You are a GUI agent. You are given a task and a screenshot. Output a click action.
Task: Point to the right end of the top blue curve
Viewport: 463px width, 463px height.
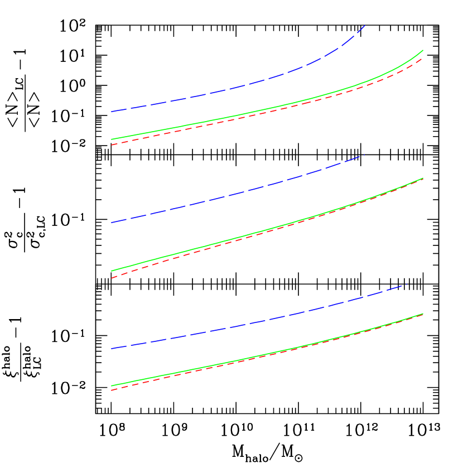(365, 25)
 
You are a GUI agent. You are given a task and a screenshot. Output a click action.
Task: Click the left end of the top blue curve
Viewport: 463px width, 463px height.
(112, 112)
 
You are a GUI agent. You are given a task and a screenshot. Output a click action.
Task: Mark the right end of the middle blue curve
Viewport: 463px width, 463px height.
(364, 155)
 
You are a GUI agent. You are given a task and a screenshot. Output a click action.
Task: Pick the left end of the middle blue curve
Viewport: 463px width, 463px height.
(112, 223)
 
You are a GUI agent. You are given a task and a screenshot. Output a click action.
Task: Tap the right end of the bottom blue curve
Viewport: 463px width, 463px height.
(407, 284)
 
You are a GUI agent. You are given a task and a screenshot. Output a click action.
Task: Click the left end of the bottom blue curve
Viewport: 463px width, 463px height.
(112, 349)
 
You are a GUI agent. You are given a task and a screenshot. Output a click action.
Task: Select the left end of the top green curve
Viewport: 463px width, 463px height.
(112, 139)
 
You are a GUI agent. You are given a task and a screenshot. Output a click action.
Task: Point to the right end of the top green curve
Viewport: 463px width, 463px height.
(423, 50)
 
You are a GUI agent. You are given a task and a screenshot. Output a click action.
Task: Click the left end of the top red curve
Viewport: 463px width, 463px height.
(112, 145)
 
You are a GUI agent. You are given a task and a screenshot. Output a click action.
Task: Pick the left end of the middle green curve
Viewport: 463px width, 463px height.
(112, 271)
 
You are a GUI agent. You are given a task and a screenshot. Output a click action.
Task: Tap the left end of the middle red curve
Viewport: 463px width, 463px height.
(112, 278)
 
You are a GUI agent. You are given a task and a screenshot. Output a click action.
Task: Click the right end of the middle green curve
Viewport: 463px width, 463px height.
(423, 178)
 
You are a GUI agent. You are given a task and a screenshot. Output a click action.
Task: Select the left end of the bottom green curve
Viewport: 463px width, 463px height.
(112, 385)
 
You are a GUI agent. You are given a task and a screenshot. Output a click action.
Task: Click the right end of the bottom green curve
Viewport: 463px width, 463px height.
(423, 314)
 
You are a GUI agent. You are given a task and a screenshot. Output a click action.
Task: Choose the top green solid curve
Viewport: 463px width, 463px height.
(251, 113)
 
